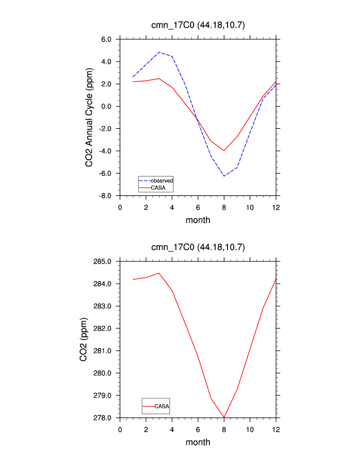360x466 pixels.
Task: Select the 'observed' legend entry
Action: tap(161, 180)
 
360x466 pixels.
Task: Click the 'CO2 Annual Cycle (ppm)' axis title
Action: tap(89, 118)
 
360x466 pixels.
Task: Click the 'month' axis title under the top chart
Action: tap(198, 221)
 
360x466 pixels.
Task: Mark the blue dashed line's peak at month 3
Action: tap(159, 52)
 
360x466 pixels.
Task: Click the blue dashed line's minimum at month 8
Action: tap(224, 176)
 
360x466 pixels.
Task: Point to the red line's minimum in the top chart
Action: tap(224, 151)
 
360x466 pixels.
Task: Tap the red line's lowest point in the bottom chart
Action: tap(224, 418)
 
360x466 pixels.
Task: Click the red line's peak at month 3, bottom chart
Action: tap(159, 273)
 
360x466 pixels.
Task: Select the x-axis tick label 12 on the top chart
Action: tap(276, 208)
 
